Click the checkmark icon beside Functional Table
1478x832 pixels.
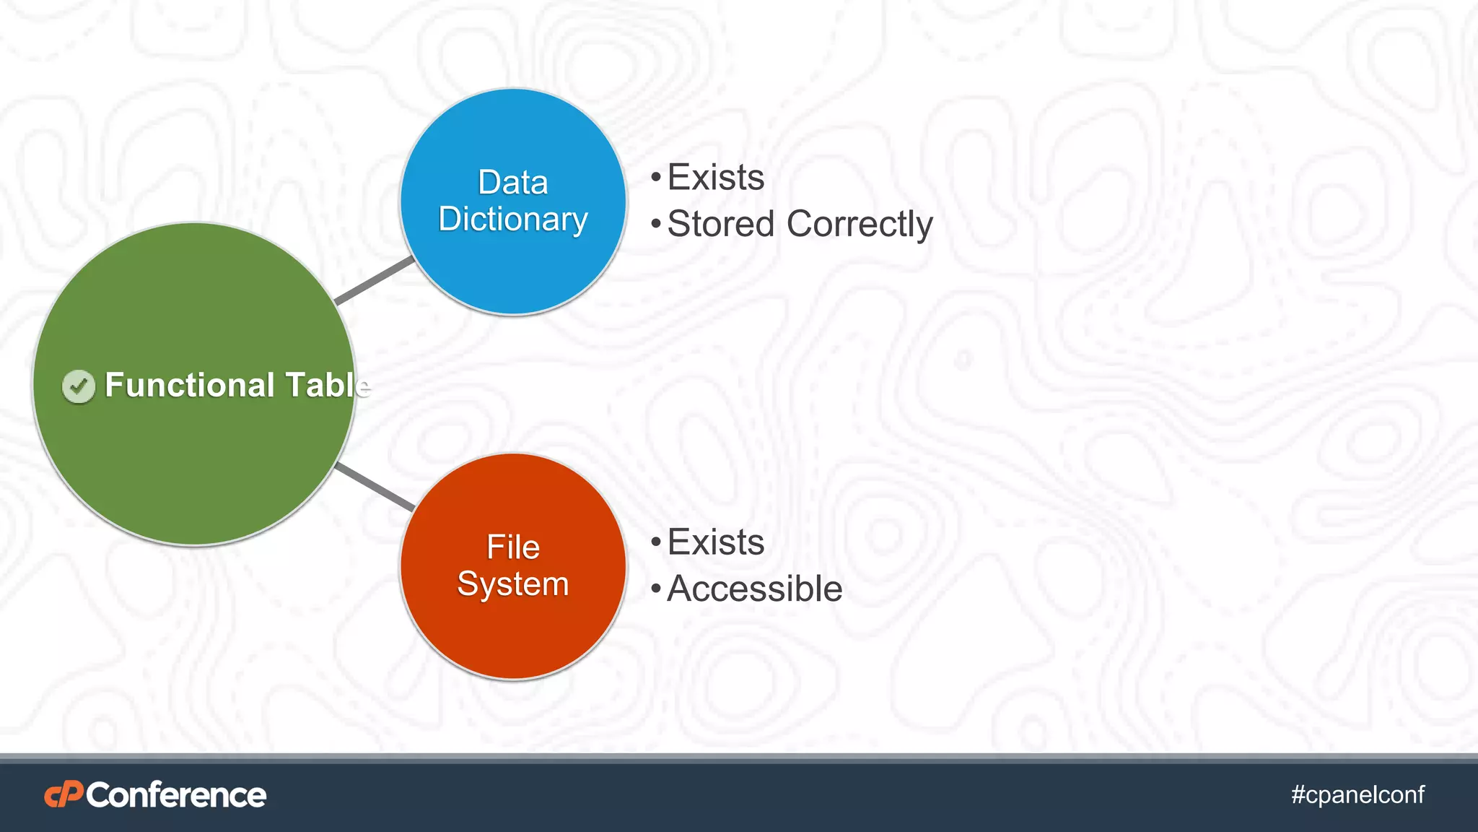pyautogui.click(x=79, y=386)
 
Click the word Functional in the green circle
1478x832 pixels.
pyautogui.click(x=189, y=385)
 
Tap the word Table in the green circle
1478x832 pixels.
pyautogui.click(x=328, y=385)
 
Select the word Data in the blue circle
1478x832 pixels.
pyautogui.click(x=513, y=183)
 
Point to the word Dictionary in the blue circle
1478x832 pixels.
pyautogui.click(x=513, y=220)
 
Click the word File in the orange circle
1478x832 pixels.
pyautogui.click(x=513, y=547)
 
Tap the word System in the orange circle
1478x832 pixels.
pyautogui.click(x=513, y=584)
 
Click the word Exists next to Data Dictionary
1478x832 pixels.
pyautogui.click(x=716, y=178)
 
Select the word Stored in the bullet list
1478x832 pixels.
pyautogui.click(x=721, y=224)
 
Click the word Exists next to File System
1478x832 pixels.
pyautogui.click(x=716, y=542)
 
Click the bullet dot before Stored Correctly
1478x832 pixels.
pyautogui.click(x=655, y=225)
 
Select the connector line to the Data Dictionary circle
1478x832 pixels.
pyautogui.click(x=375, y=280)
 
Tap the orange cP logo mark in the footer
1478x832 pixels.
pyautogui.click(x=64, y=794)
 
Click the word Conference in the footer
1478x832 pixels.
pyautogui.click(x=177, y=795)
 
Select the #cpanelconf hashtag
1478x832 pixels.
pyautogui.click(x=1357, y=794)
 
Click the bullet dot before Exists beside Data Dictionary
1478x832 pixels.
pyautogui.click(x=655, y=178)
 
